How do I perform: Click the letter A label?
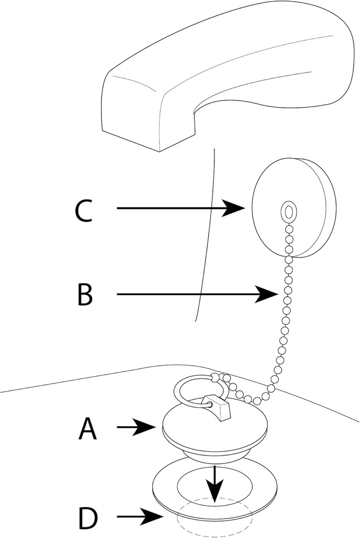point(87,429)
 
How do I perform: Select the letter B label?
point(85,295)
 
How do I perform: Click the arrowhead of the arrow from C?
point(236,209)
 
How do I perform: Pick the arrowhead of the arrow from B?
point(268,295)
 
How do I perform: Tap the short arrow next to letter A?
point(140,428)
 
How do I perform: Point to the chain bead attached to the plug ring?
point(214,377)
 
